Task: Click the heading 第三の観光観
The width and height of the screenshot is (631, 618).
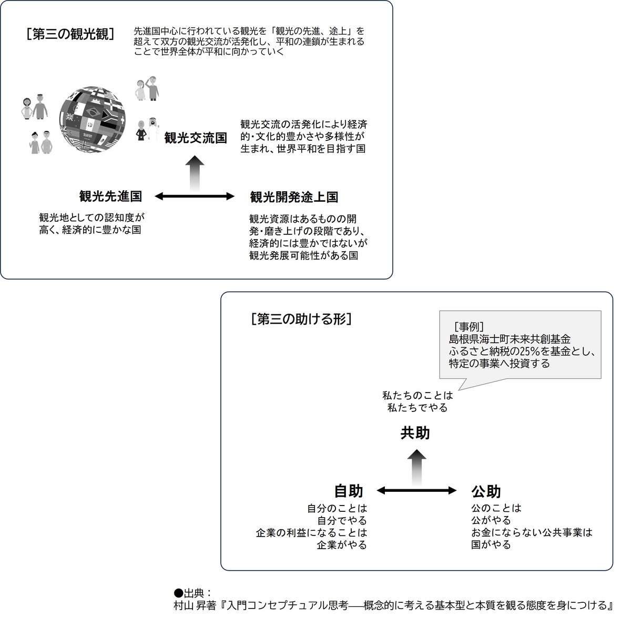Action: pyautogui.click(x=70, y=34)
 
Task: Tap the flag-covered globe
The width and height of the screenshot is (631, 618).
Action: pyautogui.click(x=93, y=119)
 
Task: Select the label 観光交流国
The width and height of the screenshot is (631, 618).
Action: pyautogui.click(x=196, y=138)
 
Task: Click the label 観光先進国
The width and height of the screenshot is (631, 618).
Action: pyautogui.click(x=110, y=196)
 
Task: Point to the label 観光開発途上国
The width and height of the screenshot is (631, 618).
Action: pyautogui.click(x=294, y=197)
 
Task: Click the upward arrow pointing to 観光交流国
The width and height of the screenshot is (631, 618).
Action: pyautogui.click(x=195, y=174)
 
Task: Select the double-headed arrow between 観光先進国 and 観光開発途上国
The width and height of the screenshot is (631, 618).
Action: pyautogui.click(x=195, y=197)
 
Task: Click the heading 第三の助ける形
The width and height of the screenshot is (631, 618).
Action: pyautogui.click(x=301, y=319)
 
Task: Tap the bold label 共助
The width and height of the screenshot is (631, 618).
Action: pyautogui.click(x=415, y=432)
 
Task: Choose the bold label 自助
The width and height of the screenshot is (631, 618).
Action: pyautogui.click(x=349, y=491)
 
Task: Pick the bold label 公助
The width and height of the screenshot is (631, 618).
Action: pyautogui.click(x=486, y=491)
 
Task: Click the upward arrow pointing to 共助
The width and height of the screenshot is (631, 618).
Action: pyautogui.click(x=416, y=467)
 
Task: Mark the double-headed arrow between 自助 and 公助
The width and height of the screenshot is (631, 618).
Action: pyautogui.click(x=416, y=490)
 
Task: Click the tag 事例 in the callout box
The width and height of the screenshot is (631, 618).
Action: pyautogui.click(x=469, y=326)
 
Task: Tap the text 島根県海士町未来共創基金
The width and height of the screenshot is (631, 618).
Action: pyautogui.click(x=510, y=339)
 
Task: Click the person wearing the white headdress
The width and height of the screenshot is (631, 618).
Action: pyautogui.click(x=152, y=129)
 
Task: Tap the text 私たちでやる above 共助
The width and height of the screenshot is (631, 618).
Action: pyautogui.click(x=418, y=407)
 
